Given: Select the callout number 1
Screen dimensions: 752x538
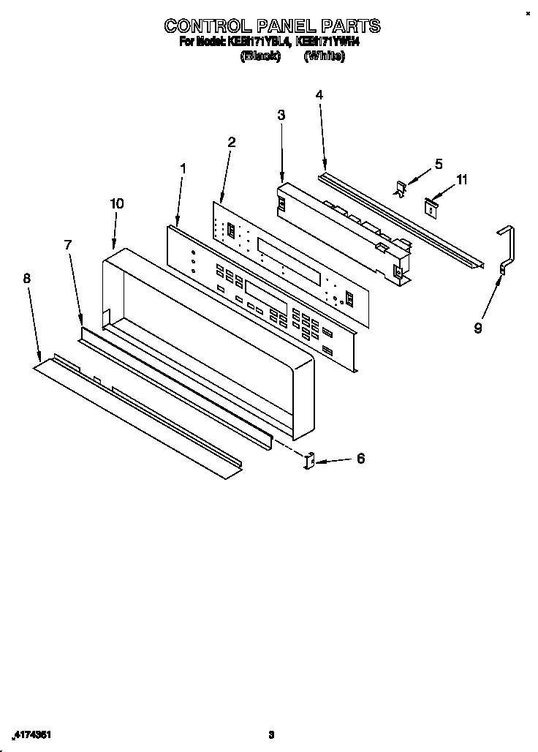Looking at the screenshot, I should click(x=183, y=169).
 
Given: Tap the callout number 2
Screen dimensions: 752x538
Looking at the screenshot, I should click(x=231, y=142).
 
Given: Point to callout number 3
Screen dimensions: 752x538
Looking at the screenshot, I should click(x=281, y=115).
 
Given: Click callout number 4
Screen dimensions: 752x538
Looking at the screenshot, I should click(x=319, y=94).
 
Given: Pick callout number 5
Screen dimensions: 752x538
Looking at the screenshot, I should click(x=439, y=164).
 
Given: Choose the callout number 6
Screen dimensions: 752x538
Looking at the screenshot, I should click(x=360, y=459).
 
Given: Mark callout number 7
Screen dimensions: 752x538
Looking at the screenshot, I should click(x=68, y=245).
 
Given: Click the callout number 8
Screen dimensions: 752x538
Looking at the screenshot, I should click(x=27, y=278).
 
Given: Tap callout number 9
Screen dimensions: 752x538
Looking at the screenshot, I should click(x=478, y=328).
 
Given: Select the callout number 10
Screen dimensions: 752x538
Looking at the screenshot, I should click(x=117, y=204).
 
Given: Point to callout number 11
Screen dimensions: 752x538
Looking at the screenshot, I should click(x=461, y=179).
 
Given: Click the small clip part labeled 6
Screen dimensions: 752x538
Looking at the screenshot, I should click(x=309, y=461).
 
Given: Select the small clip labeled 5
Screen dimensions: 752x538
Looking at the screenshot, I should click(x=401, y=188).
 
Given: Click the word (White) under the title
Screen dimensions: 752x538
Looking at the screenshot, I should click(x=324, y=56).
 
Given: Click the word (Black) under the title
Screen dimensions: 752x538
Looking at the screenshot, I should click(x=260, y=56).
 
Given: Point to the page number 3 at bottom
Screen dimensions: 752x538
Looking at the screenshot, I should click(x=270, y=734).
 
